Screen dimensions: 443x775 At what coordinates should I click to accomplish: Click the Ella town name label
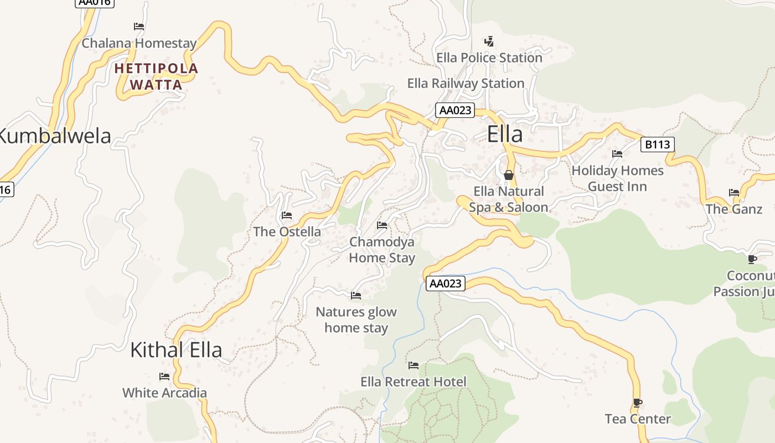click(504, 135)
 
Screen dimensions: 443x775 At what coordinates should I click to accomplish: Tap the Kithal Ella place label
click(176, 350)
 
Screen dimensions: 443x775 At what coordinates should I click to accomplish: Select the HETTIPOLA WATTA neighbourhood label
click(156, 76)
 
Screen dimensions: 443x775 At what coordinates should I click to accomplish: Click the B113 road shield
click(657, 145)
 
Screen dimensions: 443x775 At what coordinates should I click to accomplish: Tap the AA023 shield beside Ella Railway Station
click(455, 110)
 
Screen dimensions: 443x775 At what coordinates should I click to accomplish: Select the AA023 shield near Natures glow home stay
click(445, 284)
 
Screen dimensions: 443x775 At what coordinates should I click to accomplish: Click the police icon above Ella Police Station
click(489, 41)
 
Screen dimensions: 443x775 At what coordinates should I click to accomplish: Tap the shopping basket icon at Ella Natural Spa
click(509, 175)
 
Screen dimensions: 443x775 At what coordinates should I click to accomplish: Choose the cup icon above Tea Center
click(638, 403)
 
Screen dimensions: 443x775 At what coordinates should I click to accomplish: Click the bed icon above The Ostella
click(287, 215)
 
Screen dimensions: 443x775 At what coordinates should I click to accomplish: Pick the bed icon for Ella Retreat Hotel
click(413, 365)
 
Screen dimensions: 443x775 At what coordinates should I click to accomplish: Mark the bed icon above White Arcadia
click(164, 377)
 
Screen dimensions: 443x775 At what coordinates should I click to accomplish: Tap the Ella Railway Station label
click(466, 84)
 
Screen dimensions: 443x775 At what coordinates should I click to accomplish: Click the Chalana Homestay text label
click(139, 43)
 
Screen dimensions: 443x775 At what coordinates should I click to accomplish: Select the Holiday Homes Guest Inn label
click(617, 178)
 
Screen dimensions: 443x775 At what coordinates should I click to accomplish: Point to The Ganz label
click(733, 209)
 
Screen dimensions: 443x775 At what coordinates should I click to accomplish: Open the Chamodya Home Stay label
click(382, 250)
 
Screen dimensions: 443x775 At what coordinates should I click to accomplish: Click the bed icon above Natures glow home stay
click(356, 296)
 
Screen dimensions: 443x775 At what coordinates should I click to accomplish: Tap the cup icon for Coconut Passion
click(752, 259)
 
